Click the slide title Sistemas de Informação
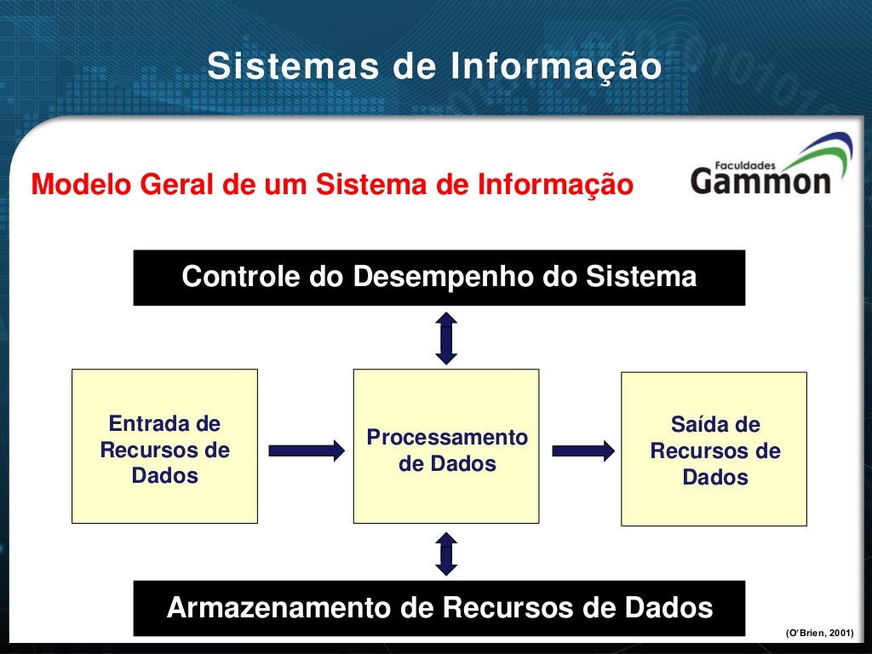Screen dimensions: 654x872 click(x=434, y=67)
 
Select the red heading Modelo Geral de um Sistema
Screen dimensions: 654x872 click(x=332, y=184)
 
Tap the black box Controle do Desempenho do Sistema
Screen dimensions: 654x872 click(x=439, y=278)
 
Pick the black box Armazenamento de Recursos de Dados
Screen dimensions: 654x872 click(x=439, y=608)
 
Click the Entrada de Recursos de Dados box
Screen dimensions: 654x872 click(x=164, y=446)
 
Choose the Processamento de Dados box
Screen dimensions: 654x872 click(x=446, y=446)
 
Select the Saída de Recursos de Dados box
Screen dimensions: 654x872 click(x=714, y=449)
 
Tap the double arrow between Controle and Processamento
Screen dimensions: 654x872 click(x=446, y=338)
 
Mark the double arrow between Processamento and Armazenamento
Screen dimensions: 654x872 click(x=446, y=554)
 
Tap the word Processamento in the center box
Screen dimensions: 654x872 click(x=447, y=438)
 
